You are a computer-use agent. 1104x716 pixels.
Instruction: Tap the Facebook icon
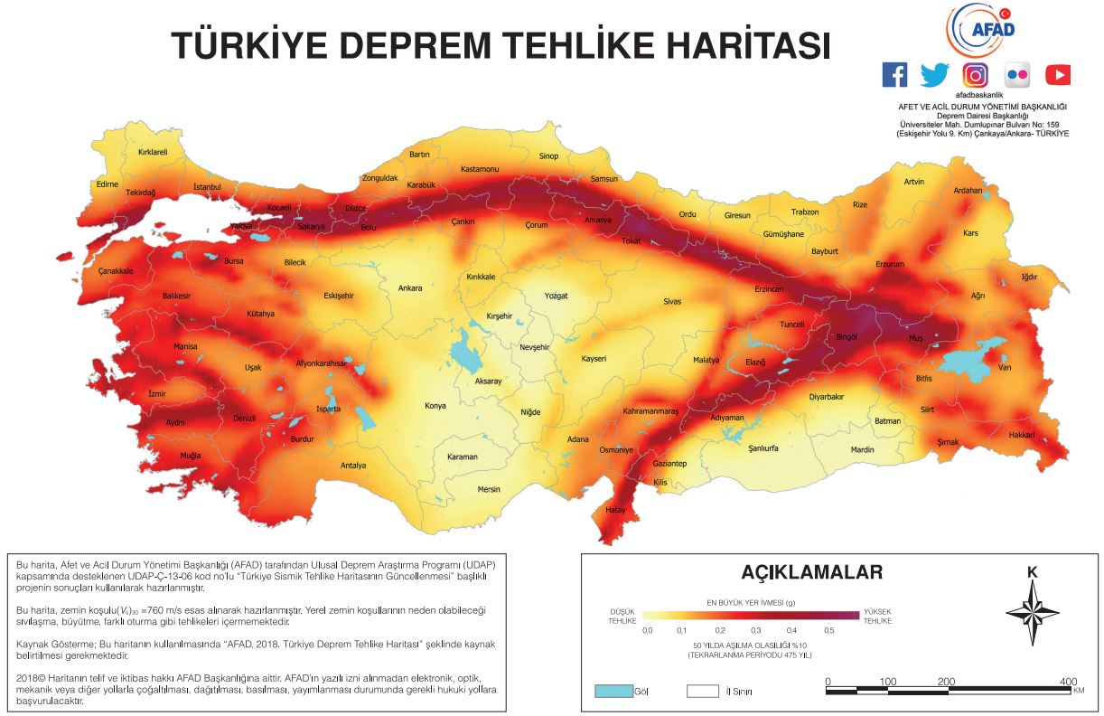[894, 75]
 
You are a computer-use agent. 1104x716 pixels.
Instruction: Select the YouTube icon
[1057, 75]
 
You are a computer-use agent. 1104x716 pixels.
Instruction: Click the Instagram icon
[975, 75]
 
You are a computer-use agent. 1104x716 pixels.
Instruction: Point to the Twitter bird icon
[934, 75]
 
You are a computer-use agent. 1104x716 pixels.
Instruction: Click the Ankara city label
[410, 288]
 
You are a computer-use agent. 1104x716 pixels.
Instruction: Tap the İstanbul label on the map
[207, 187]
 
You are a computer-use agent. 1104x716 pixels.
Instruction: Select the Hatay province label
[615, 511]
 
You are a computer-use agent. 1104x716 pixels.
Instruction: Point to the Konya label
[435, 406]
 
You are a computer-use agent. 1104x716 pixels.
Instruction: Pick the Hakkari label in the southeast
[1021, 435]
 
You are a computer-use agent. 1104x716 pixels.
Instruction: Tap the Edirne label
[108, 184]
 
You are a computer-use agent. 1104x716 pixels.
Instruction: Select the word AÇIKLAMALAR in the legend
[811, 572]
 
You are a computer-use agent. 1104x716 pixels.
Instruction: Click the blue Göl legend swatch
[612, 692]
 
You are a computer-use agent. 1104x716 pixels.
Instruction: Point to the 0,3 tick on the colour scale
[756, 629]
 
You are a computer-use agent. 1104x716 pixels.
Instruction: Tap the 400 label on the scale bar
[1068, 681]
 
